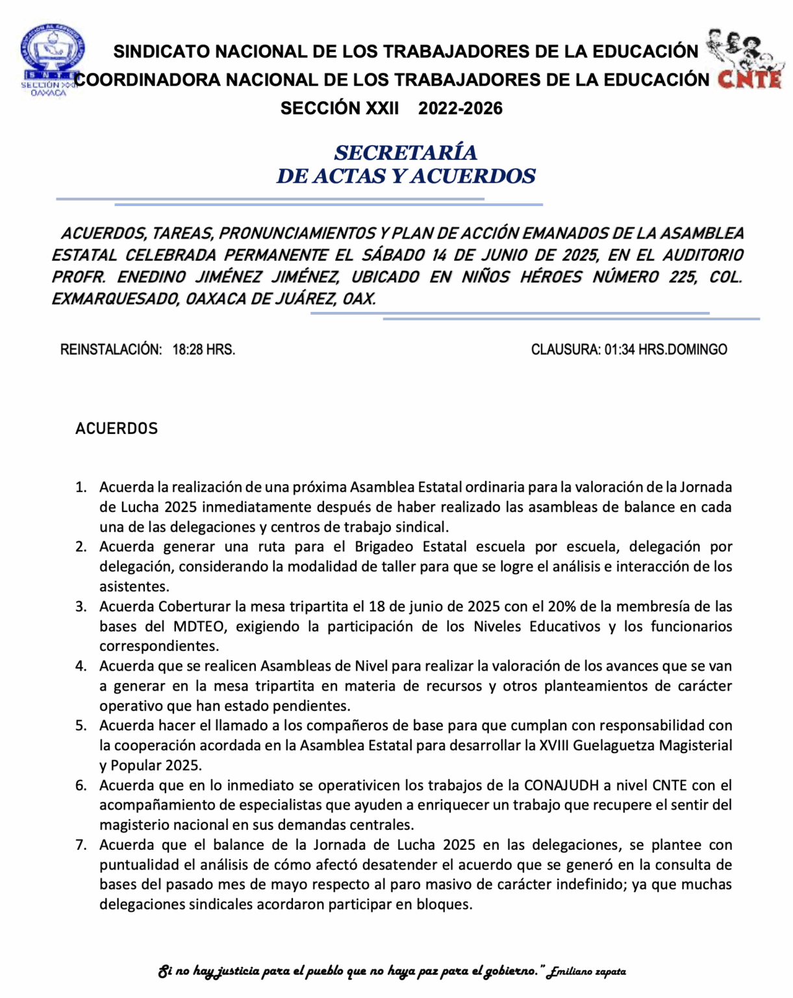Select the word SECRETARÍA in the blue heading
tap(405, 153)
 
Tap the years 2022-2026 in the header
tap(460, 109)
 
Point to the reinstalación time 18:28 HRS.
tap(203, 350)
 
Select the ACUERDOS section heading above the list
tap(116, 429)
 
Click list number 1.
tap(81, 487)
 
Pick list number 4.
tap(81, 666)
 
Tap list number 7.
tap(81, 845)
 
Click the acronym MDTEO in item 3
tap(198, 627)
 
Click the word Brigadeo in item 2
tap(384, 547)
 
